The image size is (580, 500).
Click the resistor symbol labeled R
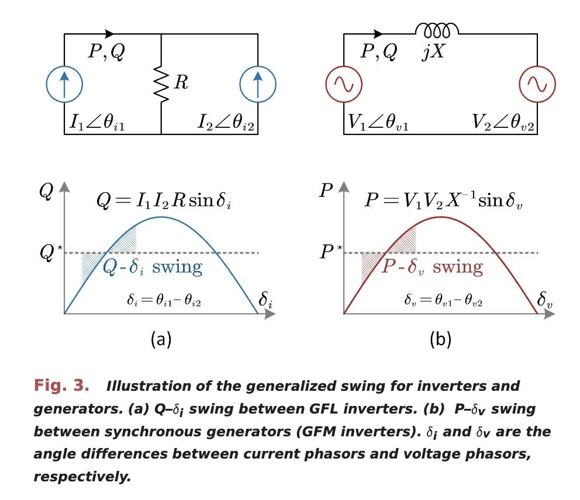tap(160, 83)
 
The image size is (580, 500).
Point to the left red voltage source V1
tap(343, 85)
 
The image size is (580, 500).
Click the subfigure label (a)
tap(161, 339)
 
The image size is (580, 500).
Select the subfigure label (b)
tap(440, 339)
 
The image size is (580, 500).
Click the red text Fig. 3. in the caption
tap(61, 386)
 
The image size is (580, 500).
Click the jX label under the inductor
tap(435, 53)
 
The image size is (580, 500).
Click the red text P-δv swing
tap(433, 268)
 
